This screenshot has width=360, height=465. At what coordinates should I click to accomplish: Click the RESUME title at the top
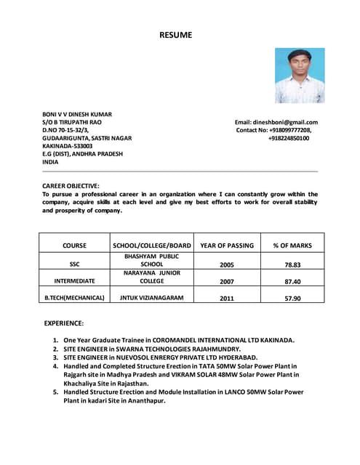tap(176, 35)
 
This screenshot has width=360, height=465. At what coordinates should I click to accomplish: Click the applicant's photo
tap(300, 76)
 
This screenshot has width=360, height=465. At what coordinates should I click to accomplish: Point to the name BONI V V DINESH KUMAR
tap(77, 114)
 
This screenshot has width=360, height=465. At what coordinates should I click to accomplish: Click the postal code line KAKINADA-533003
tap(68, 146)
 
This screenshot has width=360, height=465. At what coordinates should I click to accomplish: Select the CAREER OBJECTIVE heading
tap(71, 186)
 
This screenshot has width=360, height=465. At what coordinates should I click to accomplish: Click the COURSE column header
tap(74, 246)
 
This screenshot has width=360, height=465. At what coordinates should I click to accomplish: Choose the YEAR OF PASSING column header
tap(227, 246)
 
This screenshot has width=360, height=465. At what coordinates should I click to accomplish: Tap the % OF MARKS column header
tap(292, 246)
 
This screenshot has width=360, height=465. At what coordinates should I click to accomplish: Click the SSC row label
tap(74, 265)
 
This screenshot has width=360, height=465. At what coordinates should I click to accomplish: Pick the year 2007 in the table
tap(227, 281)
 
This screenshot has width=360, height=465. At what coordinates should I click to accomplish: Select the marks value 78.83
tap(292, 265)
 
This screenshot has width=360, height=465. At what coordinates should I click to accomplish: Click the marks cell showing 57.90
tap(292, 298)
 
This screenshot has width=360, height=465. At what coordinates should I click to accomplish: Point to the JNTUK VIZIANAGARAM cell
tap(152, 297)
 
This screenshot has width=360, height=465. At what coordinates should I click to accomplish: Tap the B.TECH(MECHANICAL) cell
tap(74, 297)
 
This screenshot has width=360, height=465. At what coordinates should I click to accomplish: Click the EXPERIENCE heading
tap(64, 323)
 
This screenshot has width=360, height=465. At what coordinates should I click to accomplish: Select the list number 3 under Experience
tap(56, 357)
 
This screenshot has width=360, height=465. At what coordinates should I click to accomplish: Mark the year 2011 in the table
tap(227, 298)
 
